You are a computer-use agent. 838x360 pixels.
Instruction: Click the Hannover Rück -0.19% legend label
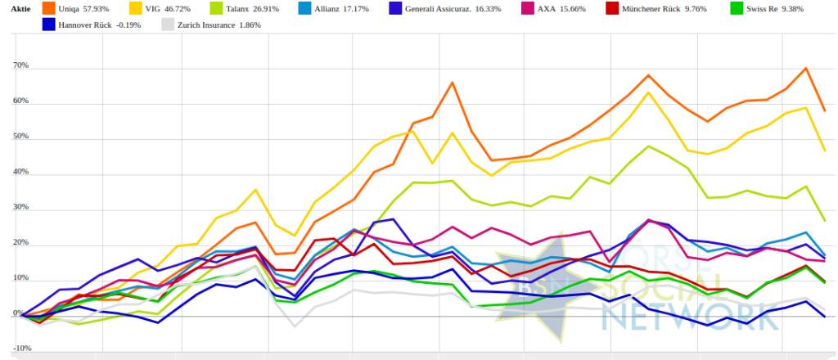pos(101,25)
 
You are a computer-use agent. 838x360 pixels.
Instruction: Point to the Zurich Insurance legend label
pos(221,25)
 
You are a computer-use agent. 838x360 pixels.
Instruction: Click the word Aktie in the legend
pos(20,10)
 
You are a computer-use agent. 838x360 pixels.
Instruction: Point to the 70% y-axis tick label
pos(20,65)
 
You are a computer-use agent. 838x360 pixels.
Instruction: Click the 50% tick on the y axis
pos(20,137)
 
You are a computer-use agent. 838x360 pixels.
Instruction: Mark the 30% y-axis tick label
pos(20,208)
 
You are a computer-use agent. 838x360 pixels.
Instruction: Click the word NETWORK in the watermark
pos(689,316)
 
